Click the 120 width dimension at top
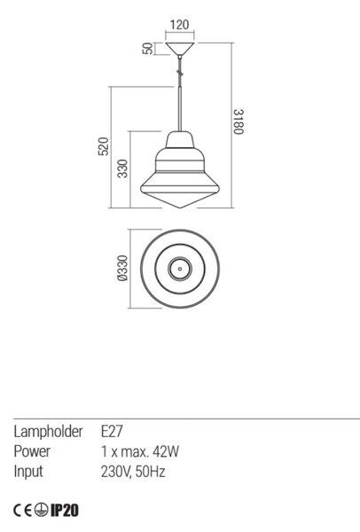click(179, 25)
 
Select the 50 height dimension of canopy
click(148, 49)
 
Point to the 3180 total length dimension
click(239, 121)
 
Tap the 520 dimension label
click(104, 146)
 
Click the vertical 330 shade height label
click(123, 168)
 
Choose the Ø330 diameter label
click(122, 269)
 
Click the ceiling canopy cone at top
click(180, 49)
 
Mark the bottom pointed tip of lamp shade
click(180, 207)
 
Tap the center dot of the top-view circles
click(180, 269)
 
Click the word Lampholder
click(48, 432)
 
